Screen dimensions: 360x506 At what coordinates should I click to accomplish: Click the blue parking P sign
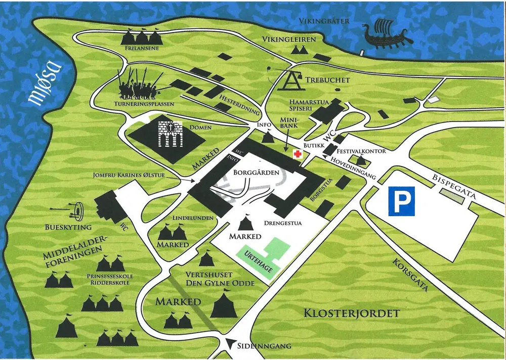click(401, 200)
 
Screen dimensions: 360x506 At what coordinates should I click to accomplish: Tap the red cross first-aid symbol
click(296, 156)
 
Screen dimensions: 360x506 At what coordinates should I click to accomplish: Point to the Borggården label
click(257, 173)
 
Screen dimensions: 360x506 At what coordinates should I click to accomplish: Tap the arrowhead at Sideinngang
click(232, 342)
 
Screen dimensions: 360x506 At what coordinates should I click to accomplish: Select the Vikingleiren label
click(289, 39)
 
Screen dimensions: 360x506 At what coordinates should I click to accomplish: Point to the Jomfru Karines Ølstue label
click(136, 176)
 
